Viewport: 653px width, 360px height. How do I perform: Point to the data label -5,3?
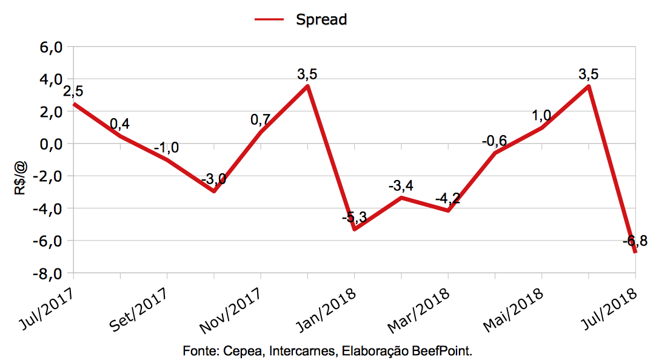point(354,217)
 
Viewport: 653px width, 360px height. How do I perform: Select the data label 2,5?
point(73,92)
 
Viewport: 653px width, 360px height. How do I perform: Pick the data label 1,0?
point(541,115)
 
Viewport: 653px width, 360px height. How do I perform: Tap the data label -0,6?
point(494,141)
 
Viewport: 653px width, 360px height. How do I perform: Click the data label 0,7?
point(261,119)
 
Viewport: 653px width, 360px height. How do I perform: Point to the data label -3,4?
point(401,185)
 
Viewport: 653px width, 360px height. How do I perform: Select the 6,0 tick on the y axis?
point(50,47)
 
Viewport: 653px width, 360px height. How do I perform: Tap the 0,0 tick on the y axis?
point(50,144)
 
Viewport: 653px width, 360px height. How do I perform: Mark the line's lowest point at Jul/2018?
point(635,252)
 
